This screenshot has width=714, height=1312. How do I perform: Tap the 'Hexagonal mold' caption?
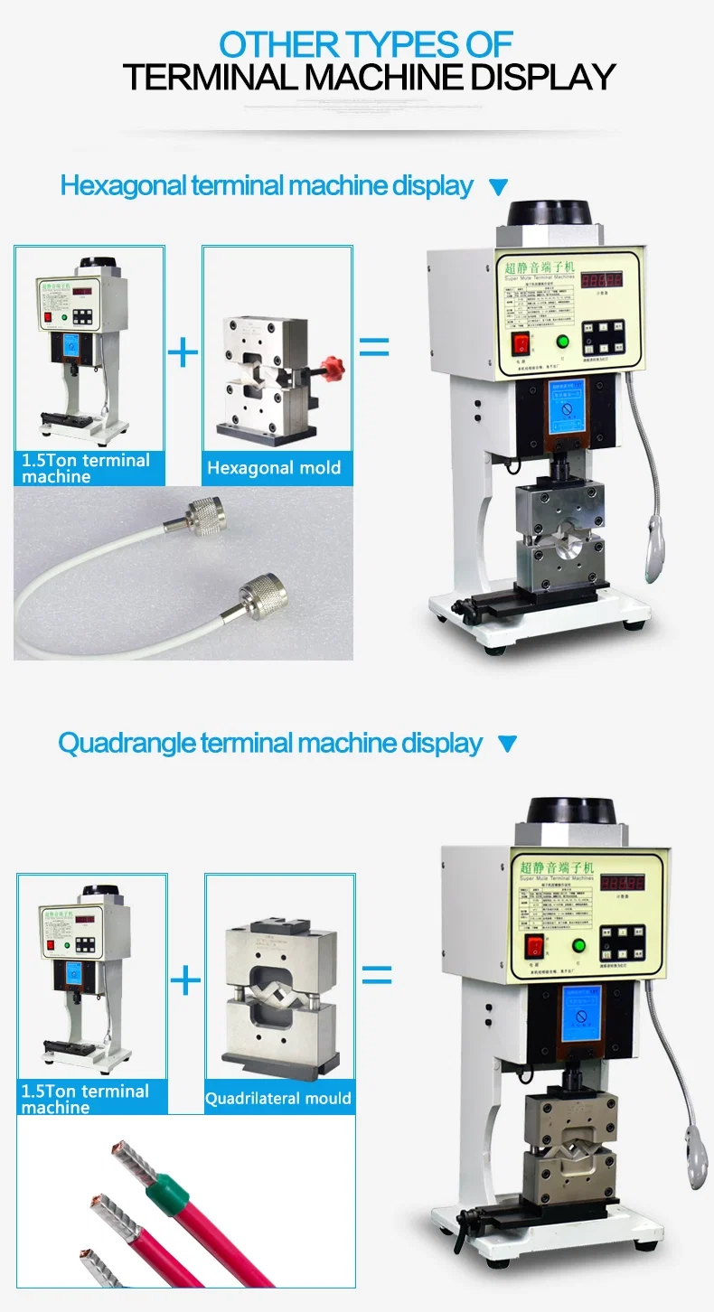click(x=274, y=468)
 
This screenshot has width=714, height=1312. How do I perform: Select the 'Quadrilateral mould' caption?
click(x=278, y=1099)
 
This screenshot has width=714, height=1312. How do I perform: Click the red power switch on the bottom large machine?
click(x=535, y=947)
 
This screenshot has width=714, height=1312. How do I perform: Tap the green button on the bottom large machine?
click(x=578, y=946)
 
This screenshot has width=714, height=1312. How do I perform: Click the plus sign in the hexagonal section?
click(x=183, y=351)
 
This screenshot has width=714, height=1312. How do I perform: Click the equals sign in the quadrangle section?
click(x=377, y=975)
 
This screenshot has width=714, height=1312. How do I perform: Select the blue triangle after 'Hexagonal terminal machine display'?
click(x=498, y=188)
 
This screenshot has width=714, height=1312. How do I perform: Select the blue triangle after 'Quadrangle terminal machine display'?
click(x=507, y=745)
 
